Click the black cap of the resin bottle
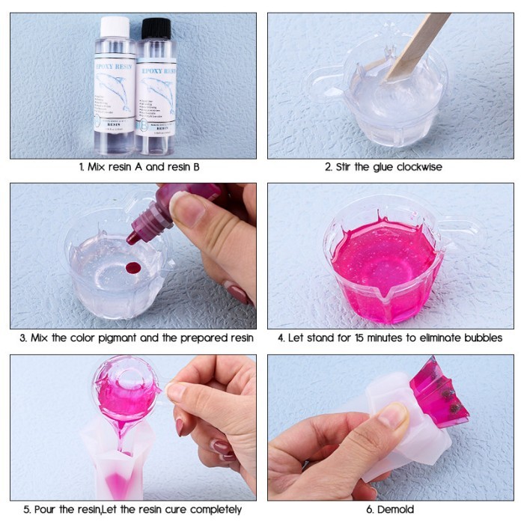[x=156, y=28]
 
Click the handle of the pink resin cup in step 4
[x=460, y=225]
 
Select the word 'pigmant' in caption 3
[x=126, y=338]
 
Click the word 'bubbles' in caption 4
[x=478, y=338]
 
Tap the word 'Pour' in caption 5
[x=44, y=509]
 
